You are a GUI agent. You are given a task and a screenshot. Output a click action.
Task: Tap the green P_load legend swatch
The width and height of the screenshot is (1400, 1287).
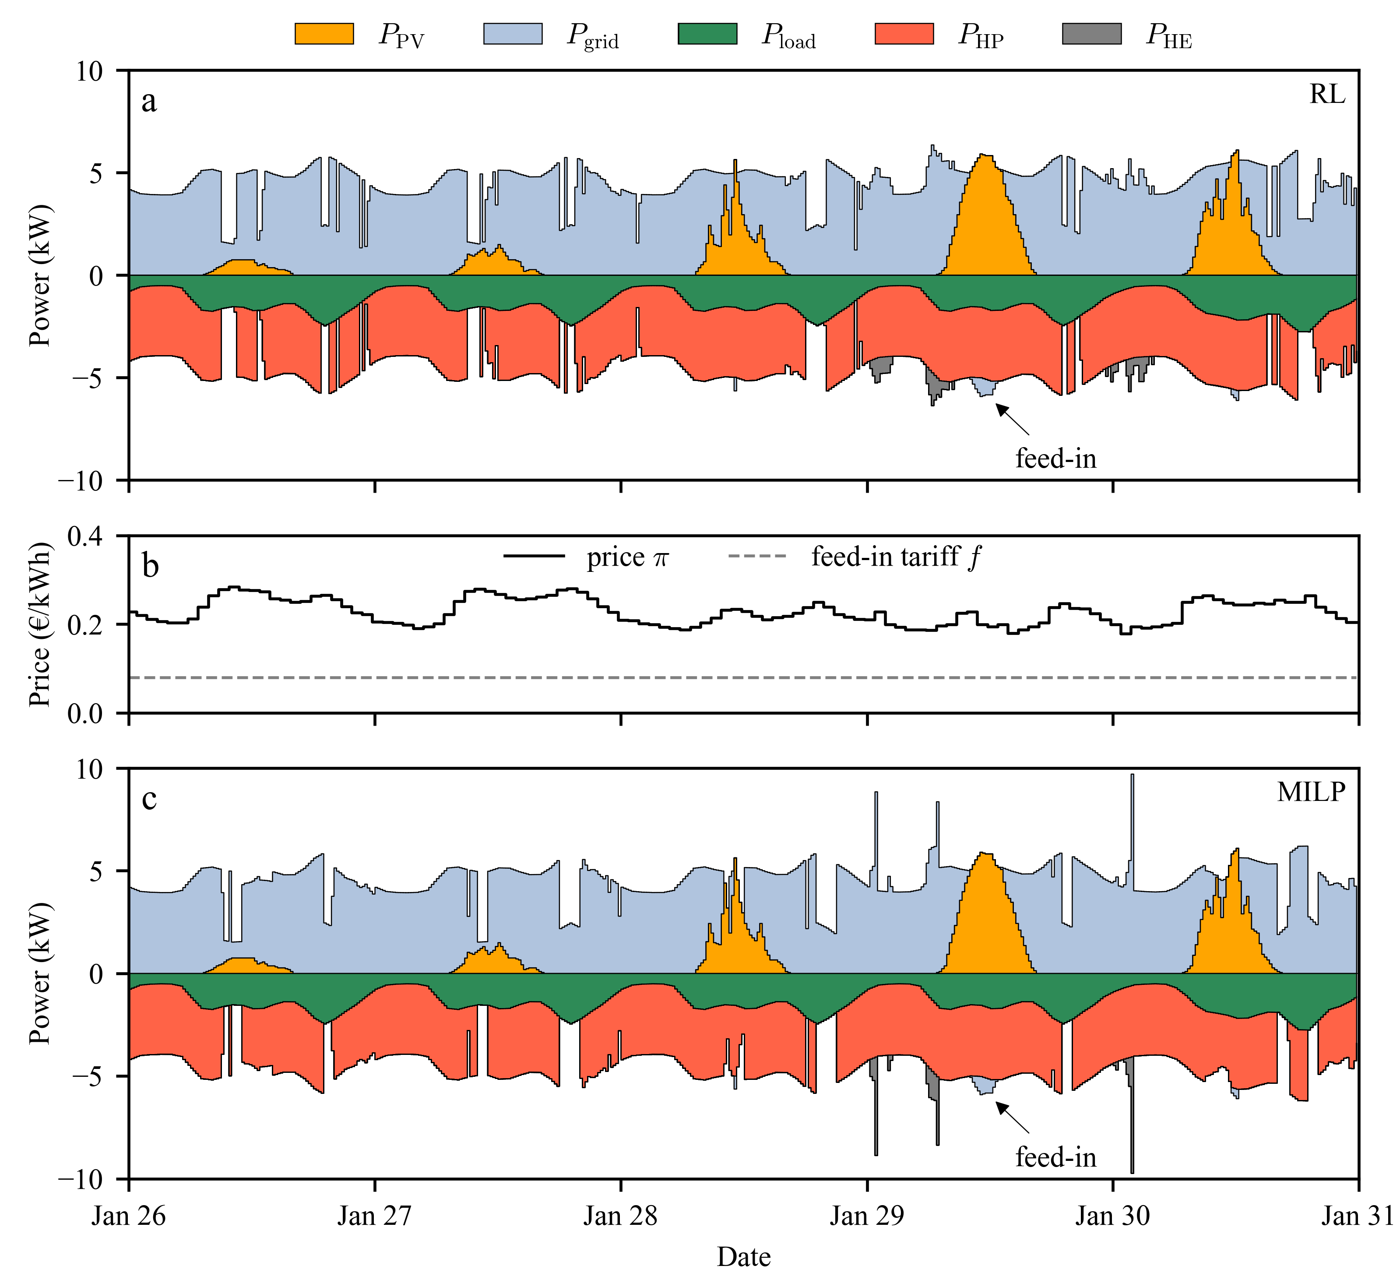(x=707, y=33)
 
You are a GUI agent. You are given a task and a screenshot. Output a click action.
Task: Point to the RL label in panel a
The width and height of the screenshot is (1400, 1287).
(x=1327, y=94)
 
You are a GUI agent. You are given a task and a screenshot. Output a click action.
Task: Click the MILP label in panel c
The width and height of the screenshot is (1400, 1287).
(x=1311, y=792)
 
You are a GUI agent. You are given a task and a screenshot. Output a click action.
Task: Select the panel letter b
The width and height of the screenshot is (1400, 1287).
(x=150, y=565)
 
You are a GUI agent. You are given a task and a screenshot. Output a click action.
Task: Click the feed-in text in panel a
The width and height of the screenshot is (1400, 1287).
(x=1055, y=458)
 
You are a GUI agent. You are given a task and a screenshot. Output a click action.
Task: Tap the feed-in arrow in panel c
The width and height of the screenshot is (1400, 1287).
(x=1012, y=1118)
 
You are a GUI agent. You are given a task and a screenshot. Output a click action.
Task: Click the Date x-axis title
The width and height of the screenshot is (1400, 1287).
(x=743, y=1257)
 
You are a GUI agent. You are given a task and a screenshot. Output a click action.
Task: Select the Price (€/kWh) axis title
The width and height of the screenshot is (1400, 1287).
(x=40, y=624)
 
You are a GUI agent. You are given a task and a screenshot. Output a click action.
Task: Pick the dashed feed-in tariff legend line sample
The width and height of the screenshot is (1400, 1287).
(x=757, y=557)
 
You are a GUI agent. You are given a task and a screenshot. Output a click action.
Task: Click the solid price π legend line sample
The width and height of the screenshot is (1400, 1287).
(x=534, y=557)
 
